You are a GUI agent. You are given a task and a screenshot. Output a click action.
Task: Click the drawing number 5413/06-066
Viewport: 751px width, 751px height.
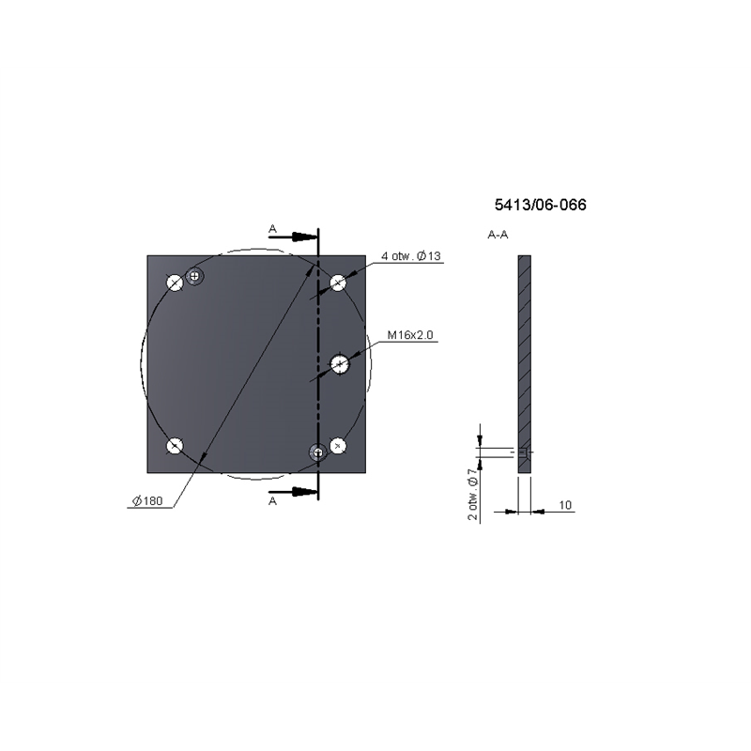click(x=541, y=205)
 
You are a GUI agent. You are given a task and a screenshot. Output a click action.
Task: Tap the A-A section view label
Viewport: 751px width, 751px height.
click(x=498, y=235)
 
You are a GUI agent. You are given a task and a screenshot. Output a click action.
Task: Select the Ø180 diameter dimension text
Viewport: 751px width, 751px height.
click(x=147, y=501)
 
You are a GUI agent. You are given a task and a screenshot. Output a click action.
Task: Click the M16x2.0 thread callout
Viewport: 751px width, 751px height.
click(x=410, y=335)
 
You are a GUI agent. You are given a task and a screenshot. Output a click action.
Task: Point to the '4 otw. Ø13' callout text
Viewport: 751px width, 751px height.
click(x=411, y=256)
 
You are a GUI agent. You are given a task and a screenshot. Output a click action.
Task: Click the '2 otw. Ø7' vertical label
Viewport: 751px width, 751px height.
click(x=473, y=495)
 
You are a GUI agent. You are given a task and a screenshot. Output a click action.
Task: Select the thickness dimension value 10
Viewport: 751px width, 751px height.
click(x=565, y=505)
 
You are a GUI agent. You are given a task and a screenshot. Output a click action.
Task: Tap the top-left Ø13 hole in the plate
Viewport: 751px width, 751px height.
click(x=175, y=283)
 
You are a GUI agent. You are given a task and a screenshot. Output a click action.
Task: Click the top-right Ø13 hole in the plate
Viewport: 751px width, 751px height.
click(x=338, y=283)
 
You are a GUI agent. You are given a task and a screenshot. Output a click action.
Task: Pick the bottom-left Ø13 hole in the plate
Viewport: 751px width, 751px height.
click(x=175, y=446)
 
